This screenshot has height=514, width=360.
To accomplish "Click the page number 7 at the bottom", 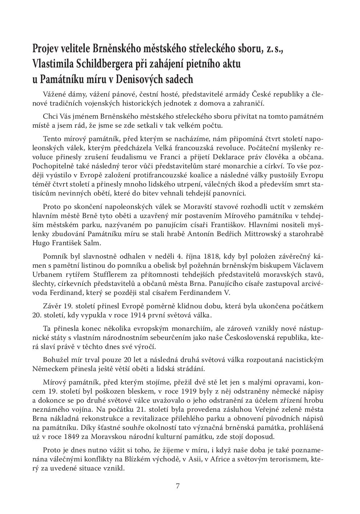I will [x=178, y=486].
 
